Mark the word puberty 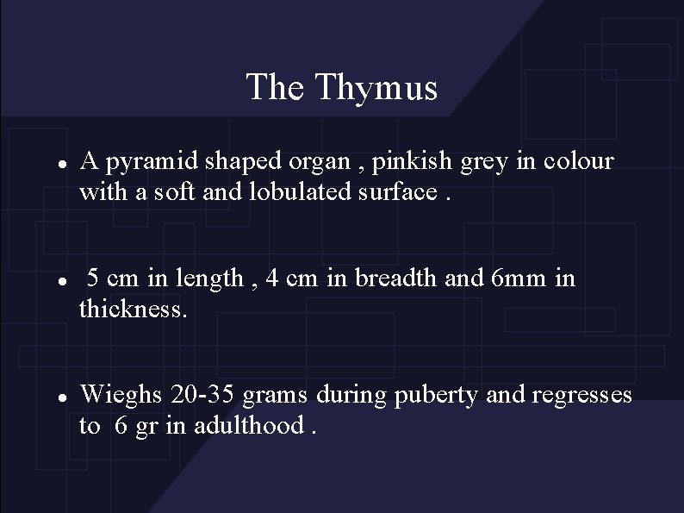(x=438, y=396)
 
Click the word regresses (x=583, y=396)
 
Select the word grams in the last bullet (x=277, y=396)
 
